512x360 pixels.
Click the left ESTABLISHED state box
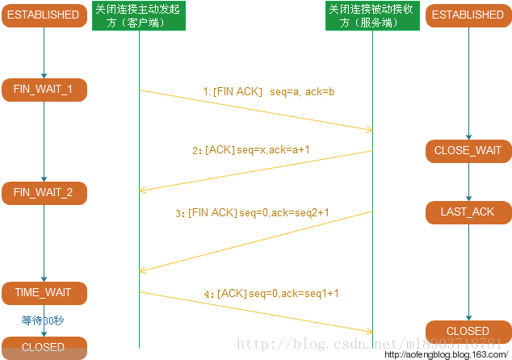point(44,15)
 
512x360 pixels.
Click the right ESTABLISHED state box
point(468,15)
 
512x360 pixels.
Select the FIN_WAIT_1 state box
point(44,89)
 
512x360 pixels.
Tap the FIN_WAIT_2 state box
point(44,193)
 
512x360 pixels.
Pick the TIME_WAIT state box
point(44,291)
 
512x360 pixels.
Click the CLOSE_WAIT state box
point(468,150)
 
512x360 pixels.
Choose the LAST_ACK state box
point(468,211)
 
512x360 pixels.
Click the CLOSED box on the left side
point(44,348)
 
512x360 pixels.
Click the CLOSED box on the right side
point(468,331)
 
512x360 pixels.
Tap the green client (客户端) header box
point(138,15)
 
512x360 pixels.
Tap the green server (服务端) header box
point(373,15)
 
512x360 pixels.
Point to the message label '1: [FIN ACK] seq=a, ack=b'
point(268,92)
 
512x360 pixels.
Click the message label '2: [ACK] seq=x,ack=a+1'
point(250,150)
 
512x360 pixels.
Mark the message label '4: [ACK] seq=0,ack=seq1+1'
point(271,295)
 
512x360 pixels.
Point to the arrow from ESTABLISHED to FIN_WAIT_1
point(44,52)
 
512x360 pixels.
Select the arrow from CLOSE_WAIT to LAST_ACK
point(468,181)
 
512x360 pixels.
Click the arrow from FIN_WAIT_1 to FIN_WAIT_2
point(44,141)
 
